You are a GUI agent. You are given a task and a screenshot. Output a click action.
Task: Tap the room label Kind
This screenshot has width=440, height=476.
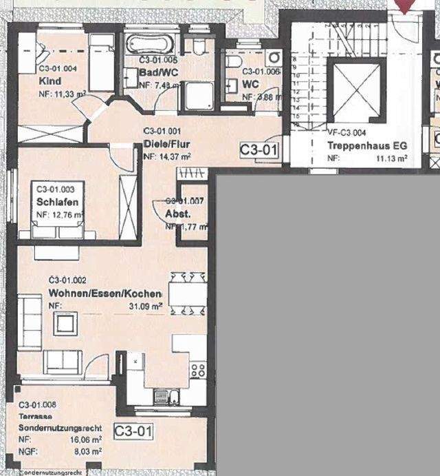click(49, 80)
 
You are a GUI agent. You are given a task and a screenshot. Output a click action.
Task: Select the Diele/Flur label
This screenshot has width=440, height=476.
click(167, 145)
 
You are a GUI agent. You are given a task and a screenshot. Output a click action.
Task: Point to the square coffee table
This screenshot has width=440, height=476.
click(66, 323)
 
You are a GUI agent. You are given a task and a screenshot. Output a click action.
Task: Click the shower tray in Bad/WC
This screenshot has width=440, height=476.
click(198, 95)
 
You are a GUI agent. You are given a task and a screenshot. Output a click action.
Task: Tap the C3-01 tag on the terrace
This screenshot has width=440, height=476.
click(133, 432)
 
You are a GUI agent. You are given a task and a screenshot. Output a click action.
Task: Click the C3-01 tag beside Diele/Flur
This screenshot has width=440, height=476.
click(259, 149)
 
